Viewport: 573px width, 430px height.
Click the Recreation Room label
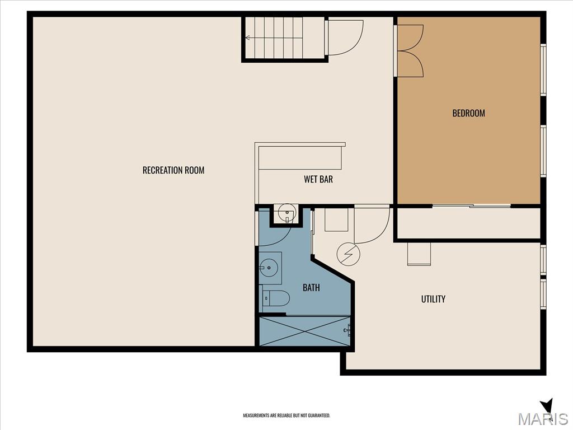(173, 170)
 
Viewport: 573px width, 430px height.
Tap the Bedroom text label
(468, 113)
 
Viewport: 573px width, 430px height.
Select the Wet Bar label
(318, 179)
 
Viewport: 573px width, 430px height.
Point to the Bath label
(311, 288)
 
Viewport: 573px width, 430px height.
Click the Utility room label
(434, 299)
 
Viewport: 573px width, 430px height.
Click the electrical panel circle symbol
(349, 254)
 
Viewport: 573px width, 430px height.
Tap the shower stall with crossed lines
(305, 331)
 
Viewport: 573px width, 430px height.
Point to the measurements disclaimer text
(286, 415)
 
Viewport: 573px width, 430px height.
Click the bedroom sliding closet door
(471, 206)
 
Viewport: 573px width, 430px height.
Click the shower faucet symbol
(347, 330)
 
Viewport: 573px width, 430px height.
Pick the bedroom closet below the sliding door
(469, 223)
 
